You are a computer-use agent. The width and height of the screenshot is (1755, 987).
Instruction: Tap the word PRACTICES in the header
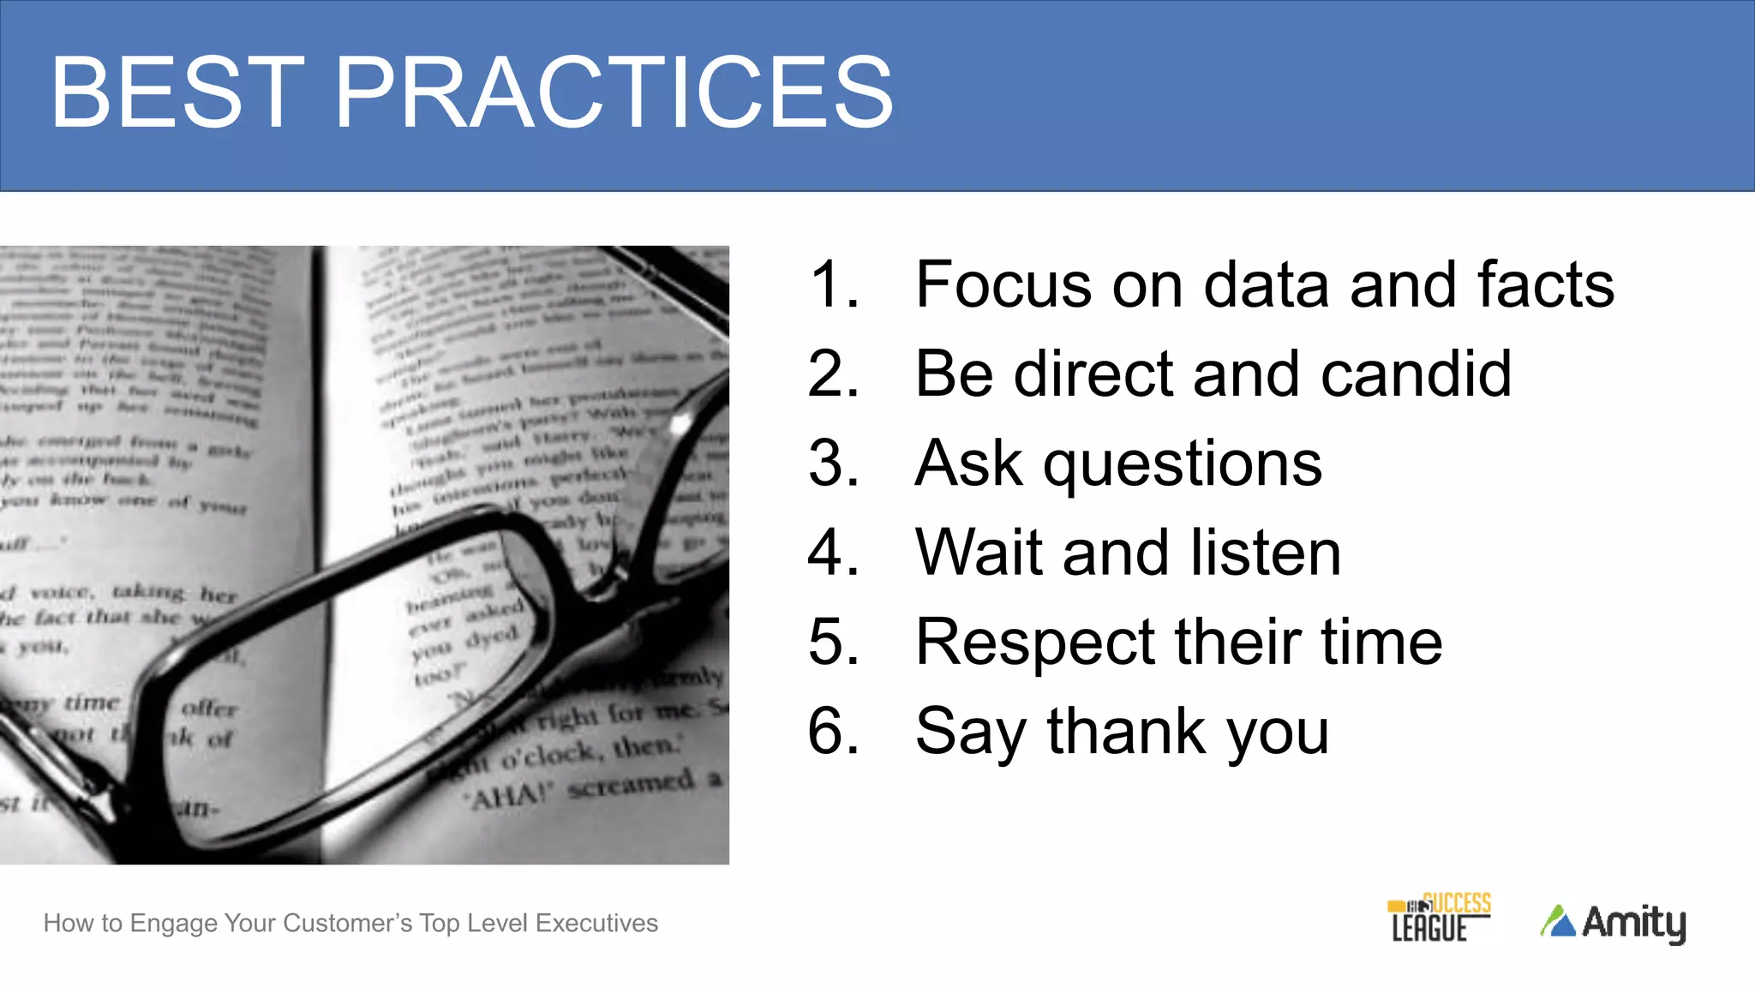614,93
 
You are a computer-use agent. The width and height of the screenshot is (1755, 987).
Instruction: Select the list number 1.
832,284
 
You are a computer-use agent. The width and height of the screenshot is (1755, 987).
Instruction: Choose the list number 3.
832,464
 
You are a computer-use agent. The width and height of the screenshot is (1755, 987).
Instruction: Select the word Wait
981,553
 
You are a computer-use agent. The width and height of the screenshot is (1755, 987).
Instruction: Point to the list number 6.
832,732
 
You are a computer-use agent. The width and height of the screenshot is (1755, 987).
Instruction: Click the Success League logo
1439,918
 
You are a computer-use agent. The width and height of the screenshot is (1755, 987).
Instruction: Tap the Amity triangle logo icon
1558,922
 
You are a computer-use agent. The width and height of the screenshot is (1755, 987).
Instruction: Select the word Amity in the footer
1633,923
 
